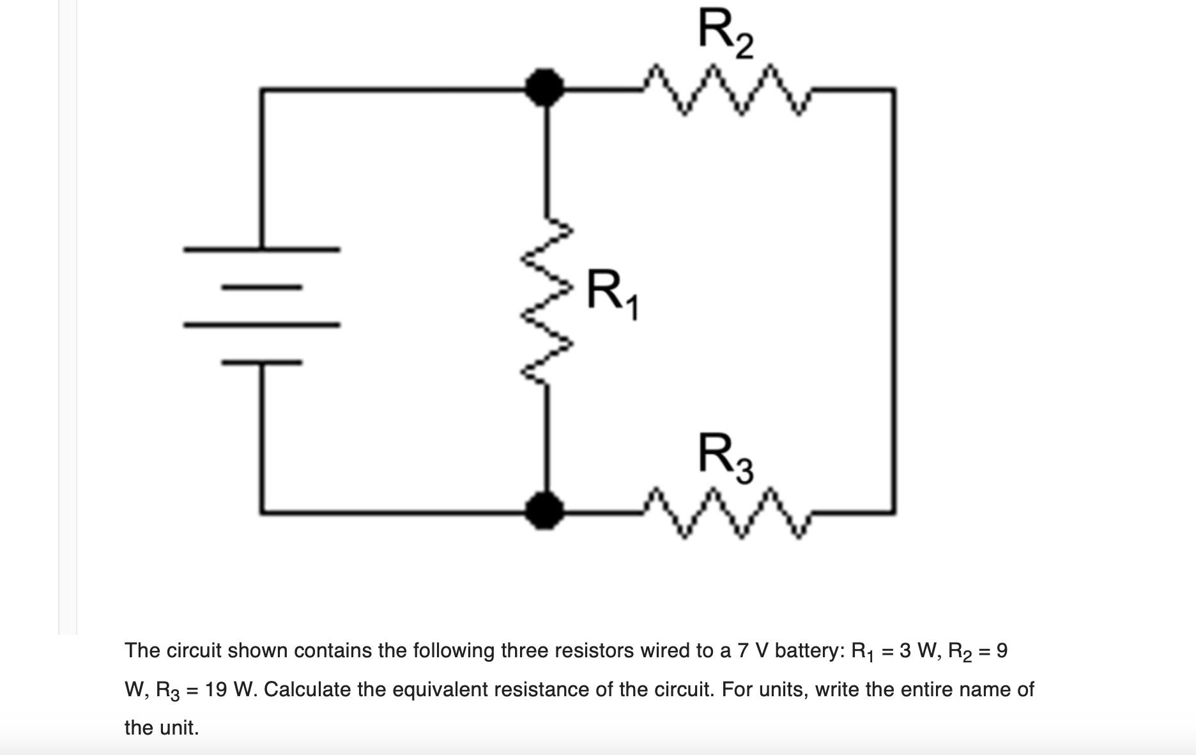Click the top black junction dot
[544, 88]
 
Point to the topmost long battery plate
[262, 249]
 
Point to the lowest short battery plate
[262, 363]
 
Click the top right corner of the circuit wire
[894, 91]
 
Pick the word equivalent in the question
[422, 689]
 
